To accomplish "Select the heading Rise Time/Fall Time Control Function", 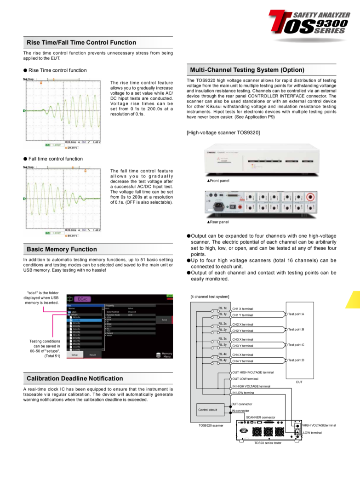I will pyautogui.click(x=81, y=42).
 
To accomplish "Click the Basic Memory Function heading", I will pyautogui.click(x=62, y=249).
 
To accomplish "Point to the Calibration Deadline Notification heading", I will pyautogui.click(x=74, y=378).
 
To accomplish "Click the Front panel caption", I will pyautogui.click(x=218, y=181).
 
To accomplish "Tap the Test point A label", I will pyautogui.click(x=296, y=314).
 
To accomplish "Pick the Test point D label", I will pyautogui.click(x=296, y=360).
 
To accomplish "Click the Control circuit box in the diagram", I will pyautogui.click(x=207, y=410).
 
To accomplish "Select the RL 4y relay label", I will pyautogui.click(x=223, y=360).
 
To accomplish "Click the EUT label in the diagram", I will pyautogui.click(x=299, y=382).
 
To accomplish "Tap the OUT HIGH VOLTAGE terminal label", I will pyautogui.click(x=253, y=372).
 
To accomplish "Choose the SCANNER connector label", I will pyautogui.click(x=260, y=417).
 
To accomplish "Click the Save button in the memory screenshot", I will pyautogui.click(x=164, y=319).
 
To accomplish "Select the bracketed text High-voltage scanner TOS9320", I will pyautogui.click(x=223, y=132).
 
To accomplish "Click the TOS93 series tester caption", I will pyautogui.click(x=268, y=443).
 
